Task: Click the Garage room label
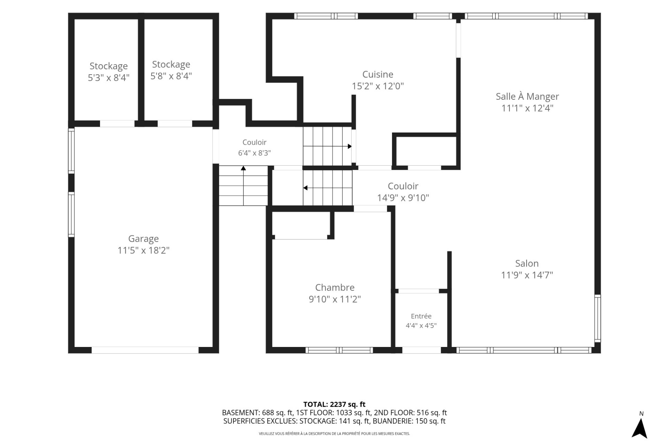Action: pyautogui.click(x=143, y=239)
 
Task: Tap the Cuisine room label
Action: pyautogui.click(x=378, y=74)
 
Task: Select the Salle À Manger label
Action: pyautogui.click(x=527, y=96)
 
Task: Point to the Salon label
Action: pyautogui.click(x=527, y=263)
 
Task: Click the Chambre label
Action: pyautogui.click(x=335, y=287)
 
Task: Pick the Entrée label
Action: pyautogui.click(x=421, y=316)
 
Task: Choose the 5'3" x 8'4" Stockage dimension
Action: pyautogui.click(x=109, y=77)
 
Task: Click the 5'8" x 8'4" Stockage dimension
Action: pyautogui.click(x=171, y=76)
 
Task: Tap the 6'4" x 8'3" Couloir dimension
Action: pyautogui.click(x=254, y=153)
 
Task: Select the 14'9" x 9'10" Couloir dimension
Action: pyautogui.click(x=403, y=198)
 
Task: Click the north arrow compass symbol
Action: pyautogui.click(x=639, y=428)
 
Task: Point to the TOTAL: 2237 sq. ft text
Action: pyautogui.click(x=334, y=405)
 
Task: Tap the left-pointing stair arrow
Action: pyautogui.click(x=328, y=188)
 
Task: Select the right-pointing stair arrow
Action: pyautogui.click(x=327, y=146)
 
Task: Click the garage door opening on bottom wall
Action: pyautogui.click(x=145, y=350)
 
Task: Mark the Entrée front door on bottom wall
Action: pyautogui.click(x=422, y=350)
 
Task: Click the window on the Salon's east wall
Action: pyautogui.click(x=598, y=318)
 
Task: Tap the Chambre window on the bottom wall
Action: pyautogui.click(x=339, y=350)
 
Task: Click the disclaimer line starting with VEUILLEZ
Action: pyautogui.click(x=334, y=434)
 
